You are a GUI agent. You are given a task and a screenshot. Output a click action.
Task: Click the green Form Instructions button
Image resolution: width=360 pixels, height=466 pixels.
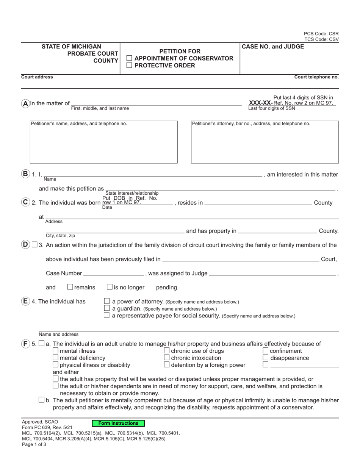[119, 423]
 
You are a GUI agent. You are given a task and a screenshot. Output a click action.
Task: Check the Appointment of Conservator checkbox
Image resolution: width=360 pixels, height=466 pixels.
[129, 58]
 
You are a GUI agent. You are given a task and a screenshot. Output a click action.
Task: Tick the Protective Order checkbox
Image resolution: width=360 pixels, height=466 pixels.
[129, 66]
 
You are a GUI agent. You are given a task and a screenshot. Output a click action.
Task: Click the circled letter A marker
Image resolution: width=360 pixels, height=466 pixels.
[25, 103]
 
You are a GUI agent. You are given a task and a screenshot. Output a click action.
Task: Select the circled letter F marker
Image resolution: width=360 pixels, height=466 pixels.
[25, 344]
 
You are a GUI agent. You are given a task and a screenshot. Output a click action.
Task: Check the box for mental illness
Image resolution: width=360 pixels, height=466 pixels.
[56, 351]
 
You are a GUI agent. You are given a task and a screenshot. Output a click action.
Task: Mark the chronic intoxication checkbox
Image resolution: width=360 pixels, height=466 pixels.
[167, 358]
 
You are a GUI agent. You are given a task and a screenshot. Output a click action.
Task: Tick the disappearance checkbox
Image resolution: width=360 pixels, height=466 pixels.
[266, 358]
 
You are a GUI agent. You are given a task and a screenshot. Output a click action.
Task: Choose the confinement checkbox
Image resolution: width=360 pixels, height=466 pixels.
[266, 351]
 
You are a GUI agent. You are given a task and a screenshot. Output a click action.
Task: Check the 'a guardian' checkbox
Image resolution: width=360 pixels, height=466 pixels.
[107, 308]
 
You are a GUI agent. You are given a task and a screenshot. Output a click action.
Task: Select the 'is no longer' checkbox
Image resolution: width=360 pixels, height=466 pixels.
[110, 287]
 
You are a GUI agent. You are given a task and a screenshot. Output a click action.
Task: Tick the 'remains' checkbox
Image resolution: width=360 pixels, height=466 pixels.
[70, 287]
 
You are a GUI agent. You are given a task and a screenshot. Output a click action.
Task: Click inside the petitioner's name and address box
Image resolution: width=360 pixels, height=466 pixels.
[103, 144]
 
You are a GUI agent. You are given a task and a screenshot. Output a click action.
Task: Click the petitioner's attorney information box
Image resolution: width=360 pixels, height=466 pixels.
[265, 144]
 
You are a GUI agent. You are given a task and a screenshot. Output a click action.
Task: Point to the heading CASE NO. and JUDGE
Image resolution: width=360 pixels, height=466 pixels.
[273, 47]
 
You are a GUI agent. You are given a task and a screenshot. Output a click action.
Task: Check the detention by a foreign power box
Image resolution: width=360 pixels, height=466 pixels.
[167, 364]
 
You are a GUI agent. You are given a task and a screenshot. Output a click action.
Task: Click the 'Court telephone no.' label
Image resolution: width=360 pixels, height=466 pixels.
[316, 77]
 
